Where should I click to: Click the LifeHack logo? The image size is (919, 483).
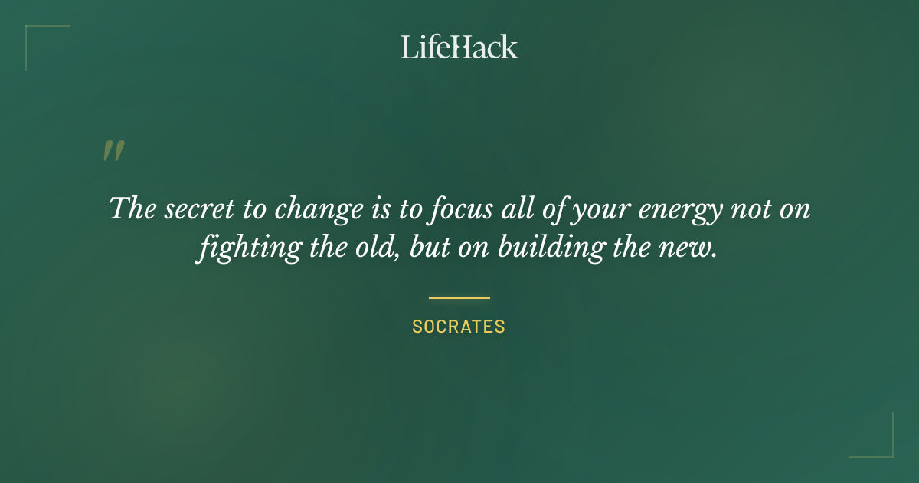pos(459,47)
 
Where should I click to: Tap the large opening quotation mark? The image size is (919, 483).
pos(113,151)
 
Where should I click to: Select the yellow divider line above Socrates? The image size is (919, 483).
pos(459,297)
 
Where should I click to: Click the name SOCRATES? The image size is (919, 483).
pos(459,327)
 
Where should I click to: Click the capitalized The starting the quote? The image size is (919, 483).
pos(132,209)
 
